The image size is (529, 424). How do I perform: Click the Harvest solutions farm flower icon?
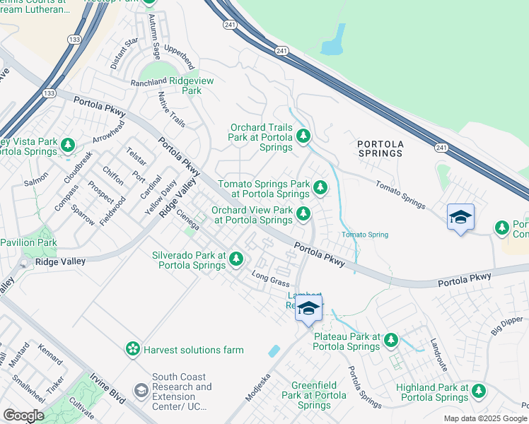(132, 349)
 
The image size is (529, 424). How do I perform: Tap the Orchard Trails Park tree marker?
(303, 136)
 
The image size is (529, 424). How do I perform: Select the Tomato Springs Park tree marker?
(320, 188)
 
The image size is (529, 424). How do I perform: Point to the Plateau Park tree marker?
(391, 341)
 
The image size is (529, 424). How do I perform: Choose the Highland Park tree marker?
(479, 391)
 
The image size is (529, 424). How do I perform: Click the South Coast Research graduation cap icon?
(141, 391)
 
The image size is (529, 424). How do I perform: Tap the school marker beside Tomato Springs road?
(460, 217)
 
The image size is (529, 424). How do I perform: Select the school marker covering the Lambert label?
(308, 309)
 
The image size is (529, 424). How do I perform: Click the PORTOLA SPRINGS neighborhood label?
(380, 148)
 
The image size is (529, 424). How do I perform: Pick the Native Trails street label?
(172, 110)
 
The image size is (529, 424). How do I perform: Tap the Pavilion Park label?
(28, 242)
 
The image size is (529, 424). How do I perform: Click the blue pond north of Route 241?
(332, 42)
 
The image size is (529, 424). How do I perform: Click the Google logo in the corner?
(23, 416)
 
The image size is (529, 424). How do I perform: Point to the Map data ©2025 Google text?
(485, 418)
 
